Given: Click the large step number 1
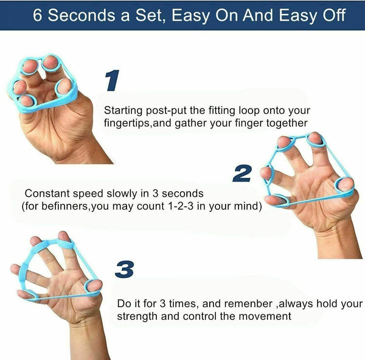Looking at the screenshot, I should click(x=113, y=81).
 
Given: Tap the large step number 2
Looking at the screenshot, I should click(x=242, y=173).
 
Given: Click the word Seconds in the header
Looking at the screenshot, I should click(x=88, y=15).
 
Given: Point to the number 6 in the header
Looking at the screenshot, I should click(x=38, y=15).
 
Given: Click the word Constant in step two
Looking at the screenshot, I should click(x=45, y=193).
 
